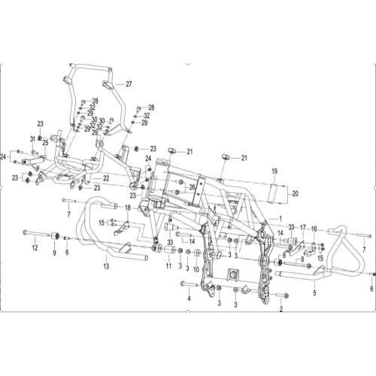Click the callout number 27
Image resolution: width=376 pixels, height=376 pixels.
129,83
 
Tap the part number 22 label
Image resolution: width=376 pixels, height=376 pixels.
106,178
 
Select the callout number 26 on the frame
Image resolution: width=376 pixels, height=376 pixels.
193,187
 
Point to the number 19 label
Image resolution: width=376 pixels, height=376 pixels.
274,171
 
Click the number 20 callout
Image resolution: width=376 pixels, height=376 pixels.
295,194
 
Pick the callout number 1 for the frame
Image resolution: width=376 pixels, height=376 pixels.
280,220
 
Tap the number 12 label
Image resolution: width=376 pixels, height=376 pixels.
34,247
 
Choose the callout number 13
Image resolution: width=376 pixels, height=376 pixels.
106,266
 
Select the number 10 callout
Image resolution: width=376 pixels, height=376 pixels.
196,269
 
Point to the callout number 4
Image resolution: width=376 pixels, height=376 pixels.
190,299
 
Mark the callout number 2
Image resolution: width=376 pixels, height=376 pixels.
280,309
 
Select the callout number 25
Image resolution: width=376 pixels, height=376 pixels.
45,143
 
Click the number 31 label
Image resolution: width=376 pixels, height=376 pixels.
33,138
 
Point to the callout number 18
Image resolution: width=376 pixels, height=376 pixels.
128,208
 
